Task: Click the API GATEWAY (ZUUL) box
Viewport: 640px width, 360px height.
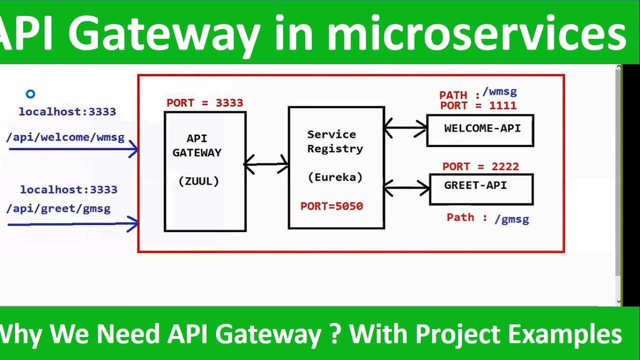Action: point(205,171)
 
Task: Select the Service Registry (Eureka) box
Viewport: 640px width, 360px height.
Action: point(336,167)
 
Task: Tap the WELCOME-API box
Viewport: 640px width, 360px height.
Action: point(480,130)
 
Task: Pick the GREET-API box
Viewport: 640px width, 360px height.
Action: point(481,189)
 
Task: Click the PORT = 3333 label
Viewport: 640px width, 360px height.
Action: point(204,103)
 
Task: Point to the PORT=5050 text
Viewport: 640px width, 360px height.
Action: point(331,206)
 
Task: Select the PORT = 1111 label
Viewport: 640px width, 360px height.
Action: point(478,105)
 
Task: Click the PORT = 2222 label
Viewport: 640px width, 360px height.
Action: point(480,166)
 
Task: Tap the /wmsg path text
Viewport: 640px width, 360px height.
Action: point(499,92)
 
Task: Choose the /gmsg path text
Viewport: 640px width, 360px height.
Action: point(511,219)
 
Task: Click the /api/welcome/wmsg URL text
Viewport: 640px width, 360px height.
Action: point(65,137)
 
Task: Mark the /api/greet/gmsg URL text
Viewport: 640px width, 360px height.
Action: point(58,208)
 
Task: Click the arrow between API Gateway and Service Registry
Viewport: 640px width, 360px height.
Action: point(266,164)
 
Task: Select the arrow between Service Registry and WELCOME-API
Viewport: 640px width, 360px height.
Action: point(405,128)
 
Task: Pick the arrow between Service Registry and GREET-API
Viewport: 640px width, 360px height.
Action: point(406,188)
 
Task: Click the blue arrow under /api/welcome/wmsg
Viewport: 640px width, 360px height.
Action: point(73,148)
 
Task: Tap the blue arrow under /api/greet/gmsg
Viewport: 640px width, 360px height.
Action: point(73,224)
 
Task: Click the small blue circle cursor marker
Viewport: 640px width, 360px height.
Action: point(30,94)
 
